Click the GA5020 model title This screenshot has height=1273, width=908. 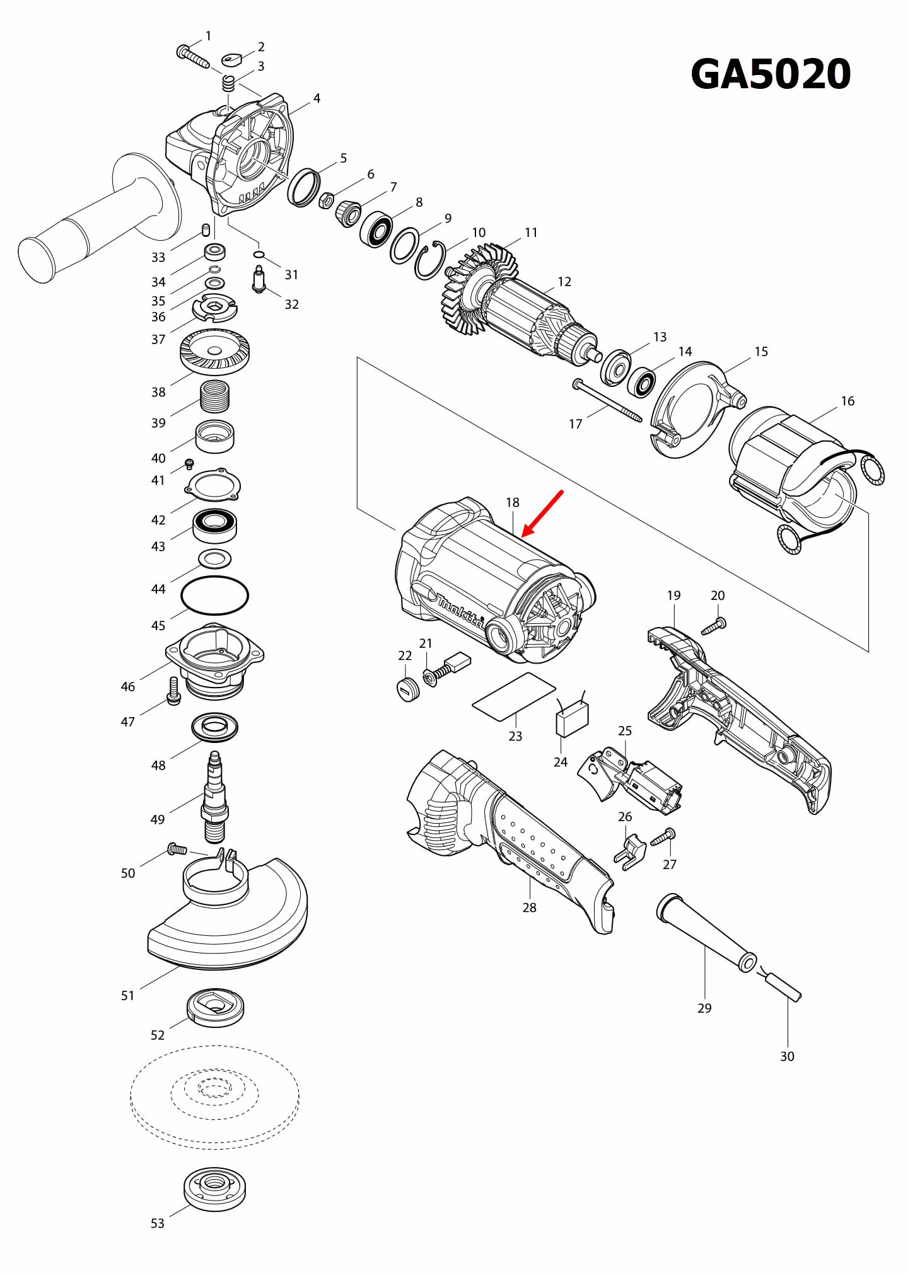(771, 74)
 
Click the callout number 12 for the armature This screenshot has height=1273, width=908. (564, 282)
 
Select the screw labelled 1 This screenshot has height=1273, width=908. (192, 57)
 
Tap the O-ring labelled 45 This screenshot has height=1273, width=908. (214, 596)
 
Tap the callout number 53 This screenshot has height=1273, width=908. (157, 1223)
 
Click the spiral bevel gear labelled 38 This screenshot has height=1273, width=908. (214, 353)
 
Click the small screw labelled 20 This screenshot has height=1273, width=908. (714, 626)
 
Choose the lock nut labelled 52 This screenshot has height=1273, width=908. (215, 1006)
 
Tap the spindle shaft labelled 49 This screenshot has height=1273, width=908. (214, 800)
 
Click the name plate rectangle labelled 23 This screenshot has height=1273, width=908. (514, 696)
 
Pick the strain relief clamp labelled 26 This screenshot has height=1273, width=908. (630, 853)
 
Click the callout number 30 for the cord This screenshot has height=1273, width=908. (787, 1056)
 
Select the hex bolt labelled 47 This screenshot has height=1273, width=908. (173, 691)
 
